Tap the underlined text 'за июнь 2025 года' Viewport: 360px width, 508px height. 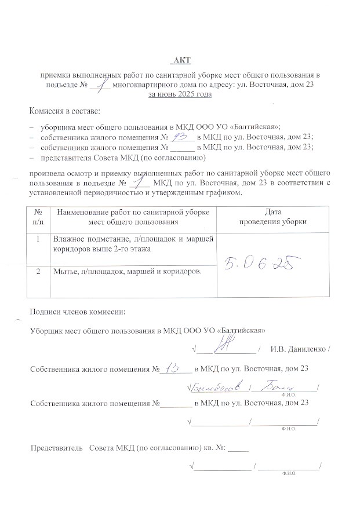pos(180,94)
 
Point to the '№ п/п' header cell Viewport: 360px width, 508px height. pos(38,217)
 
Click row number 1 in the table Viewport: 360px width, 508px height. pos(38,239)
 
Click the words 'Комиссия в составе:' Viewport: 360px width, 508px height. pos(65,111)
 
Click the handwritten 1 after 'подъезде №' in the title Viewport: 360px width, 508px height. pos(101,85)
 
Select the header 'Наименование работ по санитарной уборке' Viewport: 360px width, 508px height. pos(133,213)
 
